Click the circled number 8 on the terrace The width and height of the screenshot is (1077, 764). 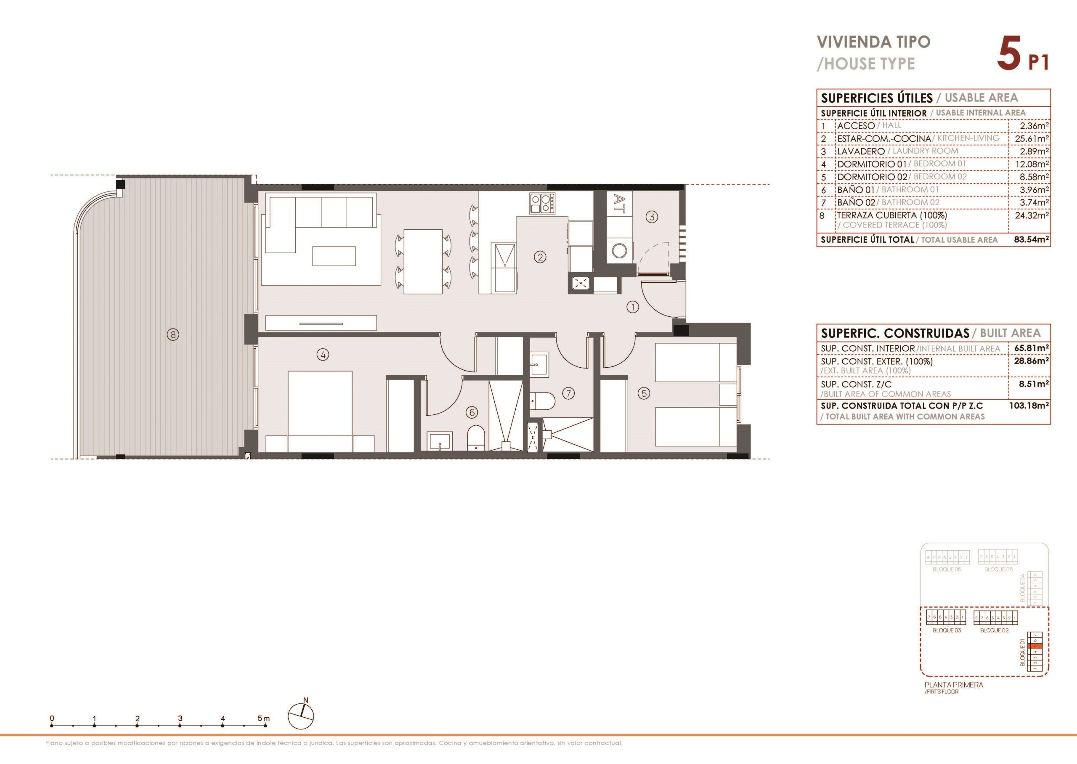pos(173,334)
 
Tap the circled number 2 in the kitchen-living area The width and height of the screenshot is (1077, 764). pos(540,257)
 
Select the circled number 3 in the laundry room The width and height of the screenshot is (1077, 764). pos(651,217)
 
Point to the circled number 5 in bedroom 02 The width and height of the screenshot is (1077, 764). pos(644,393)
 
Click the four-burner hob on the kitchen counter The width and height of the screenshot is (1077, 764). pos(542,204)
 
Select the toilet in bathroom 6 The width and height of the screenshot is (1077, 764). pos(476,438)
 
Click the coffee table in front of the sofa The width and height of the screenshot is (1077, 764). pos(334,256)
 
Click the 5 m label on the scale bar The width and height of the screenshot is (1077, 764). pos(263,719)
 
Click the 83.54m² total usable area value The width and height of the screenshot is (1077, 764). pos(1031,239)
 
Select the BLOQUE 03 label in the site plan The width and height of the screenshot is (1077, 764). pos(947,630)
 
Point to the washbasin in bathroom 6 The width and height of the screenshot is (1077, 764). pos(440,442)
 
